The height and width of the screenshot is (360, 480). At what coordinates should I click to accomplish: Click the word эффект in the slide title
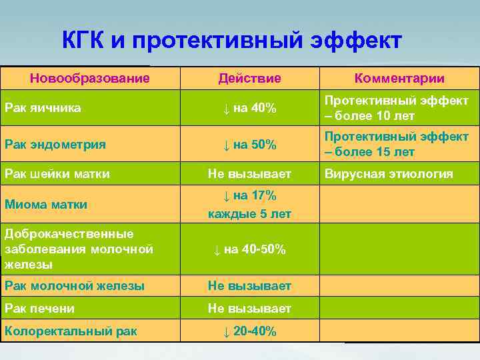tap(356, 41)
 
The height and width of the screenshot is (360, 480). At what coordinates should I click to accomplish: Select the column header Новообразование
tap(89, 79)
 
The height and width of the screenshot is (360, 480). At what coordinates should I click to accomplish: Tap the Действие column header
tap(249, 79)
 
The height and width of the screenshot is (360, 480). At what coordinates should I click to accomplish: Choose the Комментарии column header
tap(399, 79)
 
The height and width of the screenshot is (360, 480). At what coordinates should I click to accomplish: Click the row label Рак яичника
tap(43, 108)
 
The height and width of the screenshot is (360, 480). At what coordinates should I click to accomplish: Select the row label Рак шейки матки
tap(57, 174)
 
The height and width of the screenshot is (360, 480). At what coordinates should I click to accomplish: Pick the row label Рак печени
tap(39, 309)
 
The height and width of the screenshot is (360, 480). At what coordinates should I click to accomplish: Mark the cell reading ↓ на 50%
tap(249, 144)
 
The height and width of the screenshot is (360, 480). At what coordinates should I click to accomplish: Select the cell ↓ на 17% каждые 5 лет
tap(249, 205)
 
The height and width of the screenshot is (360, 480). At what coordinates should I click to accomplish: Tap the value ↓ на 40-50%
tap(249, 249)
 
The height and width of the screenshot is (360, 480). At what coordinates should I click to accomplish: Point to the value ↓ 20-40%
tap(249, 331)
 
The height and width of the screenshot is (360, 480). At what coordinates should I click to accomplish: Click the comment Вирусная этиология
tap(389, 174)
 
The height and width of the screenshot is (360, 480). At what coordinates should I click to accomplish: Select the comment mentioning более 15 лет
tap(396, 144)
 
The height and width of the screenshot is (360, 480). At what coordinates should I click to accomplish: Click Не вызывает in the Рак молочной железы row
tap(249, 286)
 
